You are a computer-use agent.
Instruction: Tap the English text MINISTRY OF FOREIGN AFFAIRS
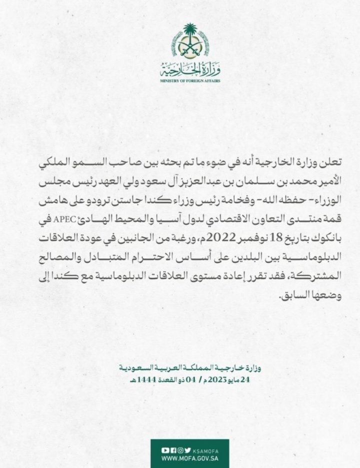(x=189, y=80)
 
